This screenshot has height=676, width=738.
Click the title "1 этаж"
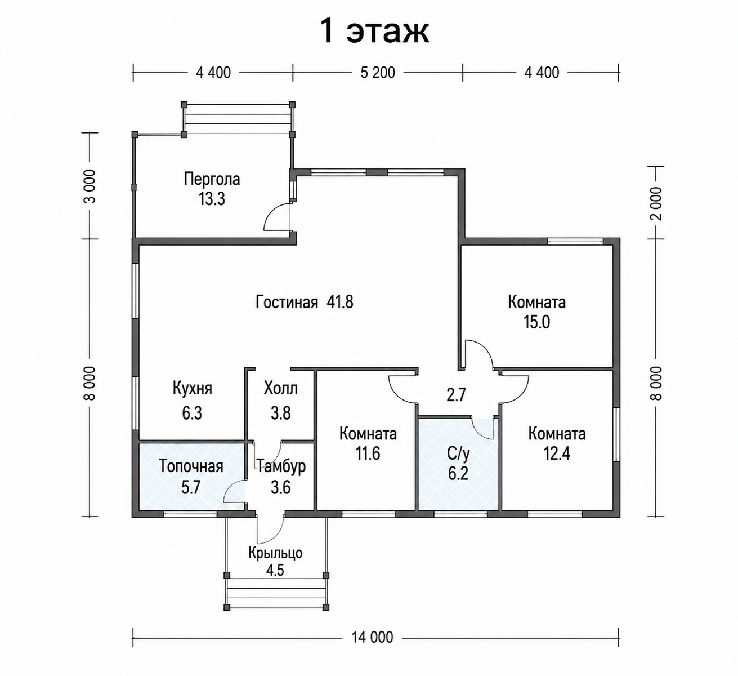point(375,32)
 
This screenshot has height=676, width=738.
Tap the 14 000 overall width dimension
point(372,637)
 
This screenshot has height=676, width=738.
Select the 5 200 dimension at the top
point(378,73)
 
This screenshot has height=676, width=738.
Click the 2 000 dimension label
point(656,203)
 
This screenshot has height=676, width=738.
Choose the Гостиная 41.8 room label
point(304,303)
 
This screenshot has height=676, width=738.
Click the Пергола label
point(212,179)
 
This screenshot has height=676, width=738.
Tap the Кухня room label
point(193,389)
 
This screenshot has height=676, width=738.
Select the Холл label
point(281,389)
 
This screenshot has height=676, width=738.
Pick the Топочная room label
point(191,466)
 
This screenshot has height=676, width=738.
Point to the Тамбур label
point(281,466)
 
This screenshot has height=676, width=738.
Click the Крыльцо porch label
point(276,553)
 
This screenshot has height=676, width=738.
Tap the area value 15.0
point(536,322)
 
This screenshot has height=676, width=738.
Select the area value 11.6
point(368,454)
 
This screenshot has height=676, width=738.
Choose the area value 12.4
point(557,454)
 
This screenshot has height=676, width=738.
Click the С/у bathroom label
point(458,454)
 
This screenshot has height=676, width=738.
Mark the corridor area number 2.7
point(456,395)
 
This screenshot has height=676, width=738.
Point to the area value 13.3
point(212,199)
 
